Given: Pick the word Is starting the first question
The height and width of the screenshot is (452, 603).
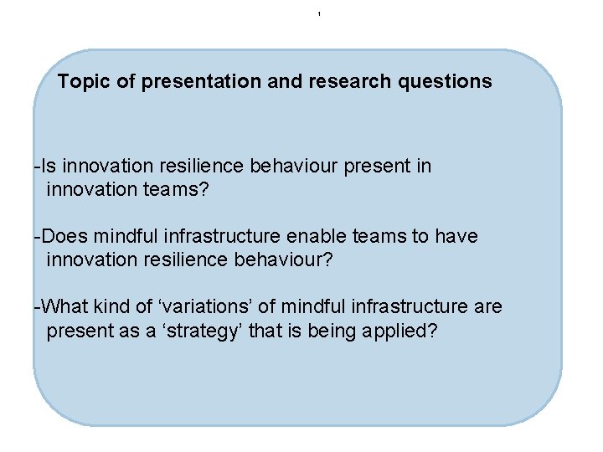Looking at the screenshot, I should (49, 166).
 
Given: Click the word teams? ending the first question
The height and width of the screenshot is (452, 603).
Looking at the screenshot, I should (175, 190).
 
